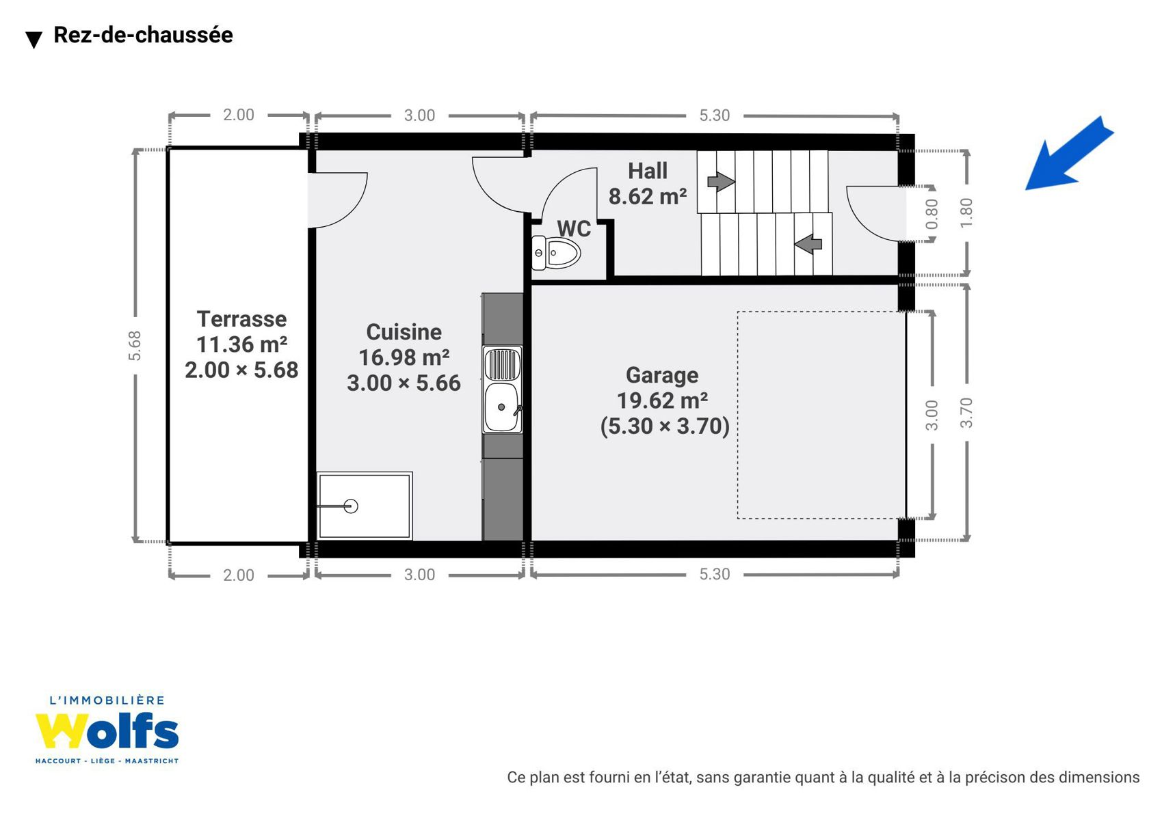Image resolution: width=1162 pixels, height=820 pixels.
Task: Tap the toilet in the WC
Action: pyautogui.click(x=555, y=253)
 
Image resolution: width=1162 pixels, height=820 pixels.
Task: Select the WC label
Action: pyautogui.click(x=574, y=229)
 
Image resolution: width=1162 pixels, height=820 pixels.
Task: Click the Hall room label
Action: pyautogui.click(x=648, y=171)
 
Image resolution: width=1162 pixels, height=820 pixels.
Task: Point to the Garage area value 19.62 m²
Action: pyautogui.click(x=662, y=400)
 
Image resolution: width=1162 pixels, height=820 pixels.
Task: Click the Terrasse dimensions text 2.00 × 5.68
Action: pyautogui.click(x=241, y=370)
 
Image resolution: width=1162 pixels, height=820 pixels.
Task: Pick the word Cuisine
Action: pyautogui.click(x=404, y=331)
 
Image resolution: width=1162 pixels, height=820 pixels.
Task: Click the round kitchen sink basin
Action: pyautogui.click(x=501, y=407)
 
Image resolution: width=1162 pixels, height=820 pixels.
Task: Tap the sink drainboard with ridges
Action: pyautogui.click(x=501, y=364)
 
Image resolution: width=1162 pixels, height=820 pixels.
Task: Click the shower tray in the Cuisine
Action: pyautogui.click(x=365, y=506)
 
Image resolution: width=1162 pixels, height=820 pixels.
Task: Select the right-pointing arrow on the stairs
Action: pyautogui.click(x=721, y=181)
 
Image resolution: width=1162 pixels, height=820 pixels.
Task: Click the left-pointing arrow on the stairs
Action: pyautogui.click(x=808, y=244)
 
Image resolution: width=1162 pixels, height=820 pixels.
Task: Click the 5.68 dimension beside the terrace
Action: pyautogui.click(x=134, y=345)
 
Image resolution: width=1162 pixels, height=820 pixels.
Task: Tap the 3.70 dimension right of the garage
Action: pyautogui.click(x=966, y=413)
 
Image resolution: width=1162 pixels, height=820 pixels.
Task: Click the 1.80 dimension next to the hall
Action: pyautogui.click(x=966, y=213)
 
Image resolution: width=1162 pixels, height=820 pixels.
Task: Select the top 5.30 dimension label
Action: pyautogui.click(x=714, y=115)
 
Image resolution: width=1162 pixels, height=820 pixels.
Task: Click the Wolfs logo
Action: pyautogui.click(x=107, y=730)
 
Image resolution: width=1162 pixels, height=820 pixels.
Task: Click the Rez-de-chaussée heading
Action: pyautogui.click(x=143, y=36)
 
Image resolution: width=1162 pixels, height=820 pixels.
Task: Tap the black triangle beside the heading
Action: pyautogui.click(x=34, y=40)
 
